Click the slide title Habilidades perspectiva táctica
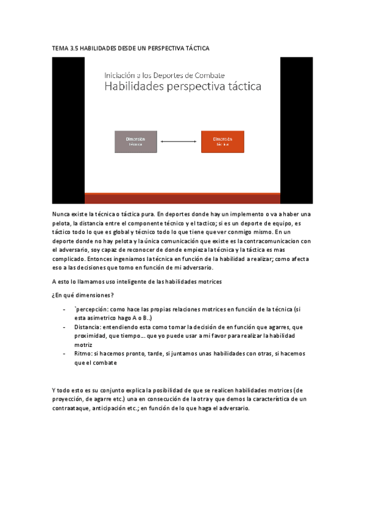(x=183, y=87)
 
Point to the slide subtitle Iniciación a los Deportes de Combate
(x=157, y=74)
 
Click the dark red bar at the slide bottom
(x=182, y=198)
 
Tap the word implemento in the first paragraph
(x=239, y=214)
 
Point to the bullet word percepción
(x=93, y=309)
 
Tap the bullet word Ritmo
(x=83, y=353)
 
